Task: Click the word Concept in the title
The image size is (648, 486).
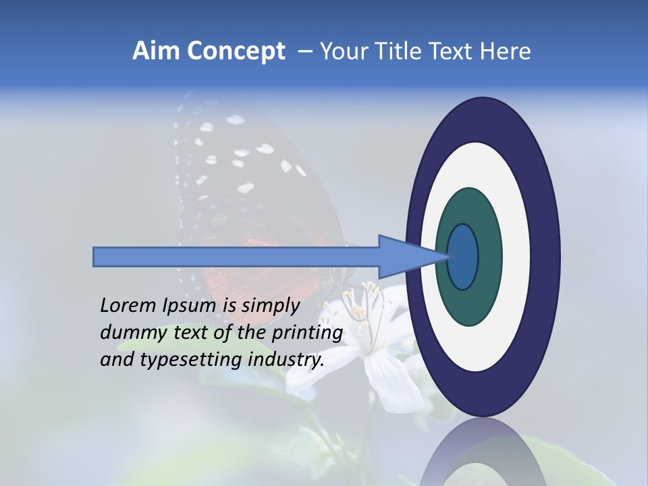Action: point(236,51)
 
